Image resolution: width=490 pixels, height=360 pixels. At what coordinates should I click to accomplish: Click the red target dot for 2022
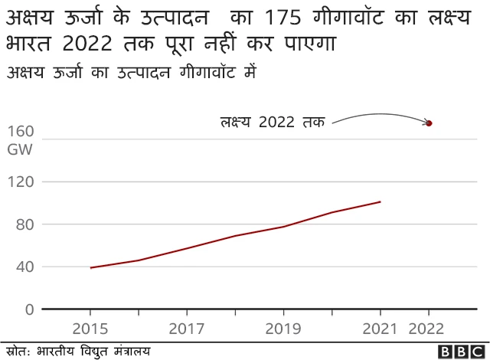pyautogui.click(x=429, y=123)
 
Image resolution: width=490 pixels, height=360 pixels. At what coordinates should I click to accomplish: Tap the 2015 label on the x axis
pyautogui.click(x=90, y=329)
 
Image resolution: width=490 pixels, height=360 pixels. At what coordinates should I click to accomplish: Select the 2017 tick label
pyautogui.click(x=187, y=329)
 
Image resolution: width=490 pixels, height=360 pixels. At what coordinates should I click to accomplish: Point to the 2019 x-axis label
pyautogui.click(x=283, y=329)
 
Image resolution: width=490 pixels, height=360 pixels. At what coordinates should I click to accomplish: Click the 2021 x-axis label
pyautogui.click(x=380, y=329)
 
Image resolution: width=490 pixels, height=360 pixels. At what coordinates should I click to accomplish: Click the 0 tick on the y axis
pyautogui.click(x=29, y=309)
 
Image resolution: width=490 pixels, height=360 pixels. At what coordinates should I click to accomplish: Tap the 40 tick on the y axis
pyautogui.click(x=24, y=267)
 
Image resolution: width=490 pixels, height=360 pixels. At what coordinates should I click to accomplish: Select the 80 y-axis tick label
pyautogui.click(x=24, y=224)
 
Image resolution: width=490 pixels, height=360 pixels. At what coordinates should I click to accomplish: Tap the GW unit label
pyautogui.click(x=20, y=149)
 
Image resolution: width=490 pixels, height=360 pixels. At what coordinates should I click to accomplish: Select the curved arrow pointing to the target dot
pyautogui.click(x=379, y=116)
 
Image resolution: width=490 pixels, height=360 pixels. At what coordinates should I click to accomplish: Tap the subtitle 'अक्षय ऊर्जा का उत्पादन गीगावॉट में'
pyautogui.click(x=130, y=74)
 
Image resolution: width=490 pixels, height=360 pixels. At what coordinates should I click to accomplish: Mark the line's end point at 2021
pyautogui.click(x=380, y=202)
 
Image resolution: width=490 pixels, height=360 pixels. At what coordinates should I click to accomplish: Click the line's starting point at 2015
pyautogui.click(x=90, y=268)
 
